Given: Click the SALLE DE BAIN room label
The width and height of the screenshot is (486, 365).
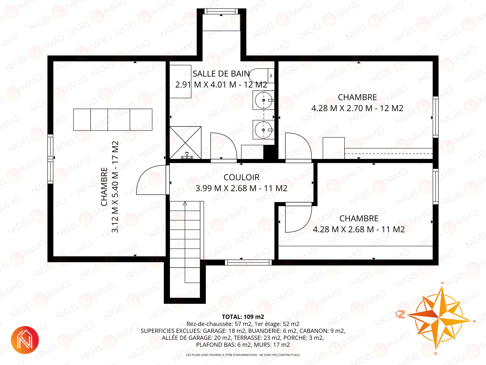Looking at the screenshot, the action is (x=221, y=74).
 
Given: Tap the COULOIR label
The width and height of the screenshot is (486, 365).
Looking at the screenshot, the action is (x=241, y=177).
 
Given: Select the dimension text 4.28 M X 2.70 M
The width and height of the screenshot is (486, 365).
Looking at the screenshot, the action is (x=342, y=108).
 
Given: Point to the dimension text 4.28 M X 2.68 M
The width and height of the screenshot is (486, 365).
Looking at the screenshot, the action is (x=343, y=229).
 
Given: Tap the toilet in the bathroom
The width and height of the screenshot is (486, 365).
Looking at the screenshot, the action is (x=261, y=76).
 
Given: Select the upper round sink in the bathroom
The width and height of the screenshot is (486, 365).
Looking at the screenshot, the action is (x=264, y=100).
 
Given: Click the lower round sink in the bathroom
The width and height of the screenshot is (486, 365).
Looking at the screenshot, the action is (x=264, y=130).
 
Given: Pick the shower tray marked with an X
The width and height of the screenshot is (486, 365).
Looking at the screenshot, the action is (x=185, y=143).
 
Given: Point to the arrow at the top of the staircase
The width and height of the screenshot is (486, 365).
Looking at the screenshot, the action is (x=185, y=203).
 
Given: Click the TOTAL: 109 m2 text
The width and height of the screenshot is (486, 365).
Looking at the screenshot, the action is (x=243, y=317).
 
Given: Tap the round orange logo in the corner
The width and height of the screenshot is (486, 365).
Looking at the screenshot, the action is (x=25, y=340).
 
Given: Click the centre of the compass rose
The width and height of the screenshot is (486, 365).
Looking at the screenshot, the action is (x=439, y=317).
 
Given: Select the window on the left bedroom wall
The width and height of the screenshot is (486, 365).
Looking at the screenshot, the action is (x=50, y=159).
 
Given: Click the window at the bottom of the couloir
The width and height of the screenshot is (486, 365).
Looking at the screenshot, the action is (x=248, y=262).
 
